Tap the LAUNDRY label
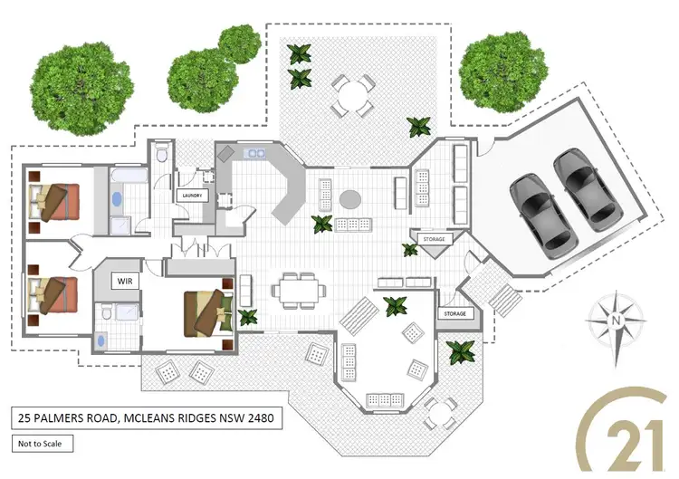coord(191,195)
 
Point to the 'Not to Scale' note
coord(43,444)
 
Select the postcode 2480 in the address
coord(257,418)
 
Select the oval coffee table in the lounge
coord(350,198)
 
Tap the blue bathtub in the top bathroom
coord(118,198)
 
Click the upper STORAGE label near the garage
coord(434,238)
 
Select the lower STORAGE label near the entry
coord(454,313)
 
